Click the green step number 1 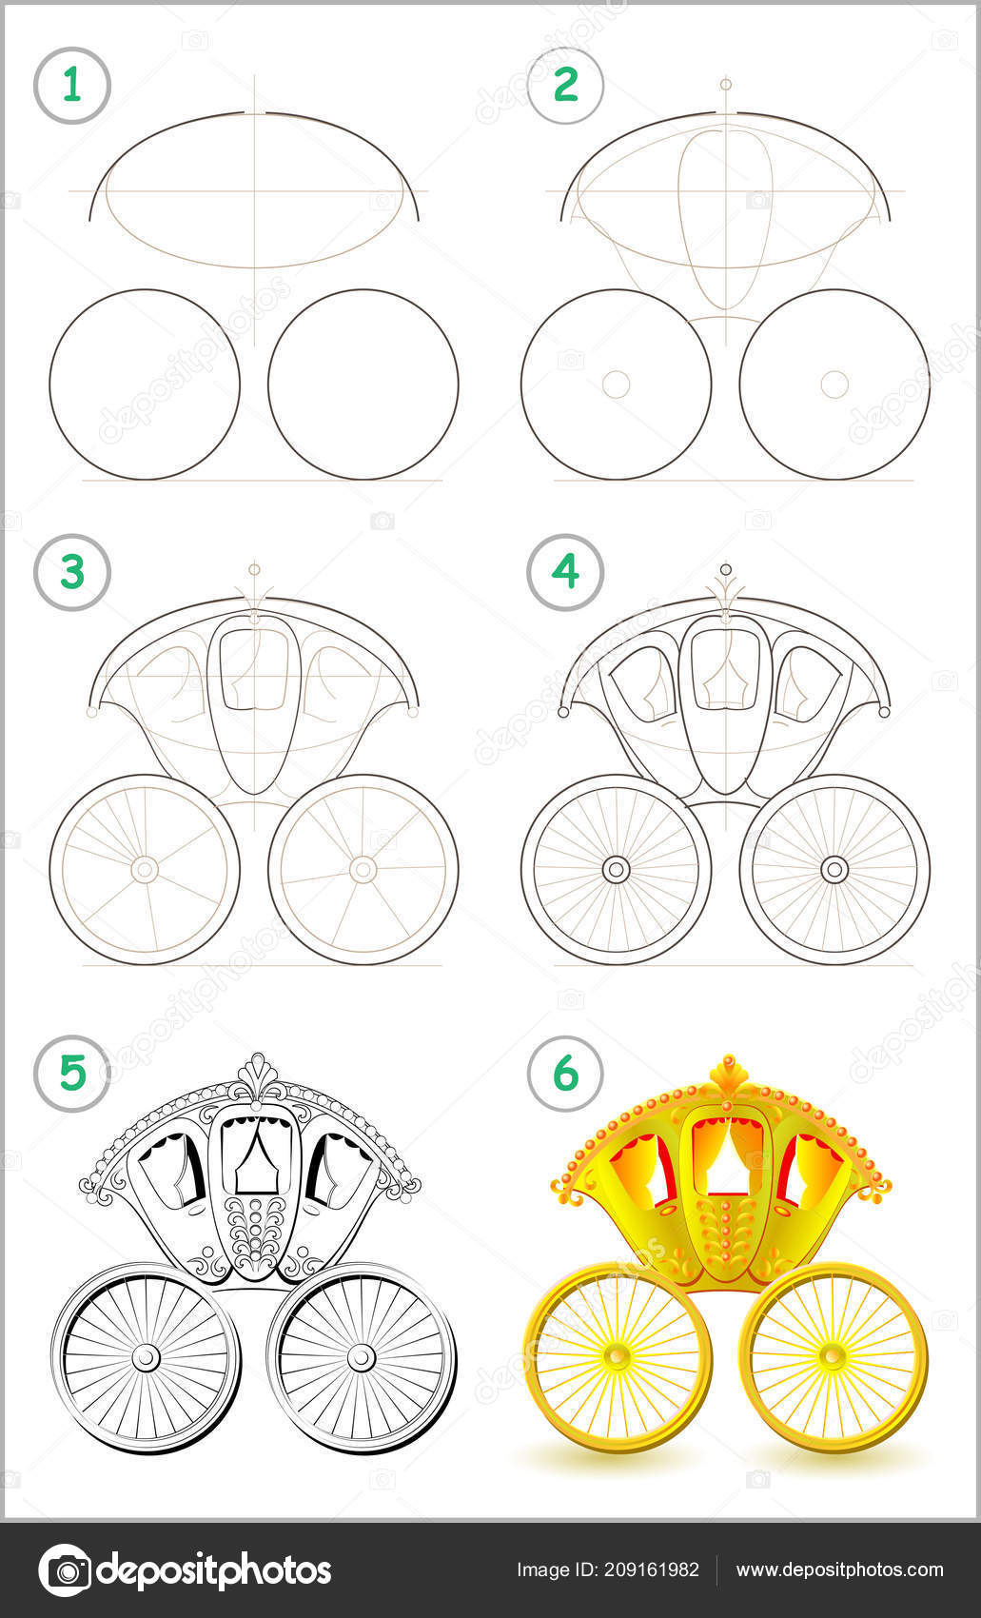[x=71, y=85]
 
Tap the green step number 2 [x=565, y=85]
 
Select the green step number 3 [x=72, y=571]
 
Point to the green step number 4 [x=565, y=571]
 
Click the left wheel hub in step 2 [x=617, y=385]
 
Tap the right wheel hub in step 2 [x=834, y=385]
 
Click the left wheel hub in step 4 [x=617, y=870]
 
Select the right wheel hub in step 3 [x=363, y=870]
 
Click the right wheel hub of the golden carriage [x=833, y=1357]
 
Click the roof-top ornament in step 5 [x=258, y=1076]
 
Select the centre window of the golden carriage [x=727, y=1153]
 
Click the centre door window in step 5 [x=257, y=1154]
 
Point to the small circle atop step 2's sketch [x=726, y=85]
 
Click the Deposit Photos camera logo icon [x=66, y=1569]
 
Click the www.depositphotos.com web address [x=839, y=1570]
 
